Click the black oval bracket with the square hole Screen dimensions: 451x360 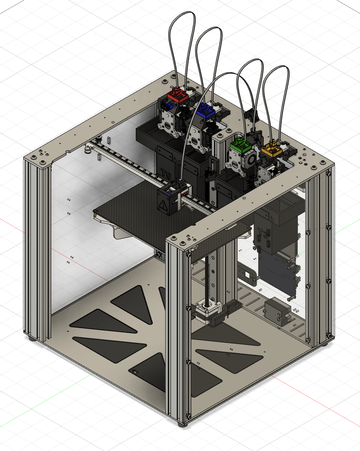[x=247, y=274]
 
